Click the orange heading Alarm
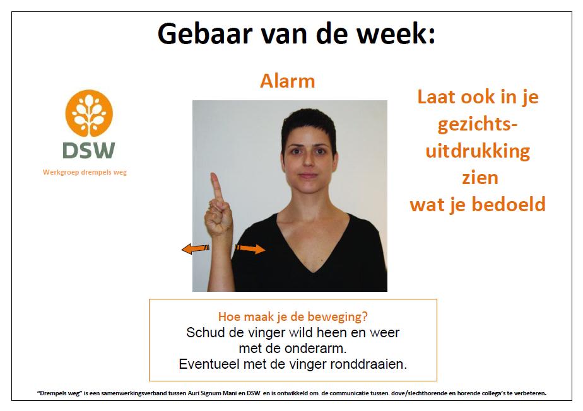click(288, 81)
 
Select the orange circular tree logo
click(89, 113)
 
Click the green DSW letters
click(89, 151)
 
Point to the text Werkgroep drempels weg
click(85, 173)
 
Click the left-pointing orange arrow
click(196, 248)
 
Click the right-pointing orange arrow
click(250, 248)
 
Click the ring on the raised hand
click(211, 205)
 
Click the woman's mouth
click(309, 175)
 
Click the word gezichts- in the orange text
click(478, 124)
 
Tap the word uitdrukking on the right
click(478, 151)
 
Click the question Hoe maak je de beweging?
click(293, 316)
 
